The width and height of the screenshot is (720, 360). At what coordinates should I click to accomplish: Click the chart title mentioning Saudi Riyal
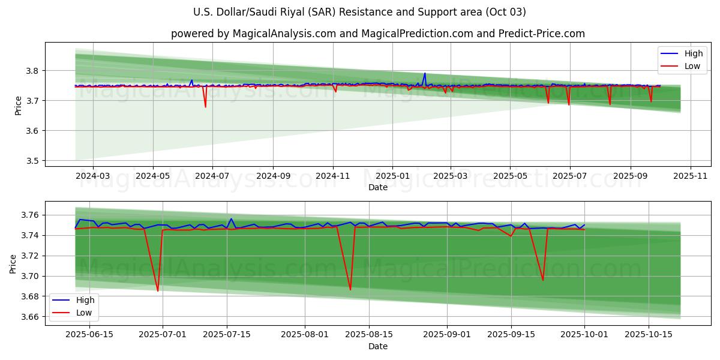tap(360, 12)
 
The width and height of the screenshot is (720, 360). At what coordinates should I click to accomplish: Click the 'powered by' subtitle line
tap(378, 34)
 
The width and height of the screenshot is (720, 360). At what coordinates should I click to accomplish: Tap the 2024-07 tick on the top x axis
tap(212, 176)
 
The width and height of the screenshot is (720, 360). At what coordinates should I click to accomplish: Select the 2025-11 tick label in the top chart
tap(690, 176)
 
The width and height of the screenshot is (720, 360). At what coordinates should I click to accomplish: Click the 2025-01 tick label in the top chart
tap(392, 176)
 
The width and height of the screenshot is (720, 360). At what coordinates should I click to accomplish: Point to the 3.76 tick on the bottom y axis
tap(30, 215)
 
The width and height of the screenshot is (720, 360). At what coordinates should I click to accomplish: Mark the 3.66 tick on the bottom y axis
tap(30, 317)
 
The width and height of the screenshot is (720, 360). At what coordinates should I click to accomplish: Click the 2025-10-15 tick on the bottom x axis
tap(649, 335)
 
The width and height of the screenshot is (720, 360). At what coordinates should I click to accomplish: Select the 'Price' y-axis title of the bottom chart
tap(13, 263)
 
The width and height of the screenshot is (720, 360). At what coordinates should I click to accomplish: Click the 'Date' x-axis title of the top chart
tap(378, 187)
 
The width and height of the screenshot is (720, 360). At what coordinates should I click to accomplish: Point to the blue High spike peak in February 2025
tap(425, 74)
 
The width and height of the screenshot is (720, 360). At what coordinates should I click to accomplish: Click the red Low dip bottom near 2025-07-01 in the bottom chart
tap(158, 291)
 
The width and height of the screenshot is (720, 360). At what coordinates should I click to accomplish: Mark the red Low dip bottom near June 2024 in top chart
tap(205, 107)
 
